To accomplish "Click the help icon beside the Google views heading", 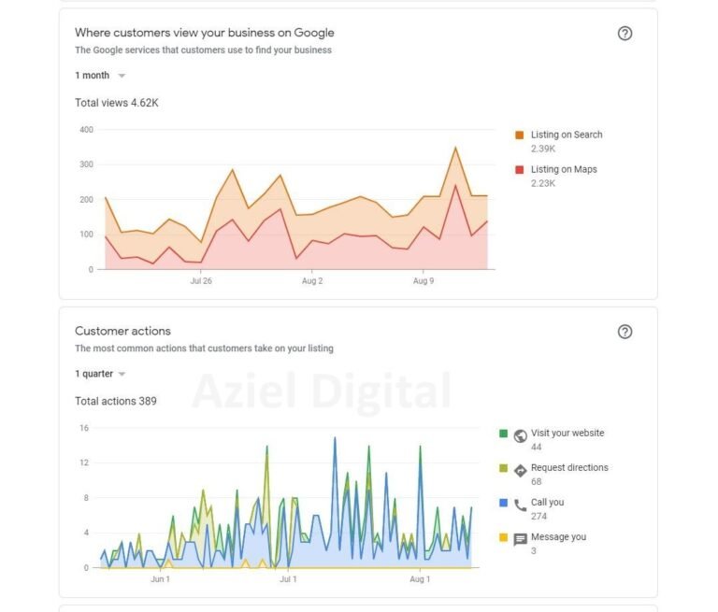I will (x=625, y=34).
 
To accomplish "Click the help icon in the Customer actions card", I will (x=625, y=332).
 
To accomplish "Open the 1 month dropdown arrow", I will (x=122, y=76).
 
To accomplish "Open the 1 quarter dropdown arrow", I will (x=122, y=374).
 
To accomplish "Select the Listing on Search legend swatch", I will (x=520, y=135).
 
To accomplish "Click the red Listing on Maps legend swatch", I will (x=520, y=170).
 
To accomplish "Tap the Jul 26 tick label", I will (x=201, y=280).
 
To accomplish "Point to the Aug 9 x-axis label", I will (x=423, y=280).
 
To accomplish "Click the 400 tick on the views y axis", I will (x=86, y=130).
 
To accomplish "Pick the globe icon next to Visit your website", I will (x=521, y=435).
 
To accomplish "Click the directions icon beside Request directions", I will (x=521, y=470).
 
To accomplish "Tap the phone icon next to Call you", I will (x=521, y=505).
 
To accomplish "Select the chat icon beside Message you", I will (x=521, y=540).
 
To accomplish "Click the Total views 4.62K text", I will (x=117, y=103).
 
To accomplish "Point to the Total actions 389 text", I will (x=116, y=401).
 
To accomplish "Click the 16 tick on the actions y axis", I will (x=84, y=428).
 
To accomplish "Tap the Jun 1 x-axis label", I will (x=161, y=579).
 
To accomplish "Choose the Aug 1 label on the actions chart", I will (x=421, y=579).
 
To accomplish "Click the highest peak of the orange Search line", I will (x=455, y=148).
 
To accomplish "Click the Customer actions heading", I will (x=122, y=331).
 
